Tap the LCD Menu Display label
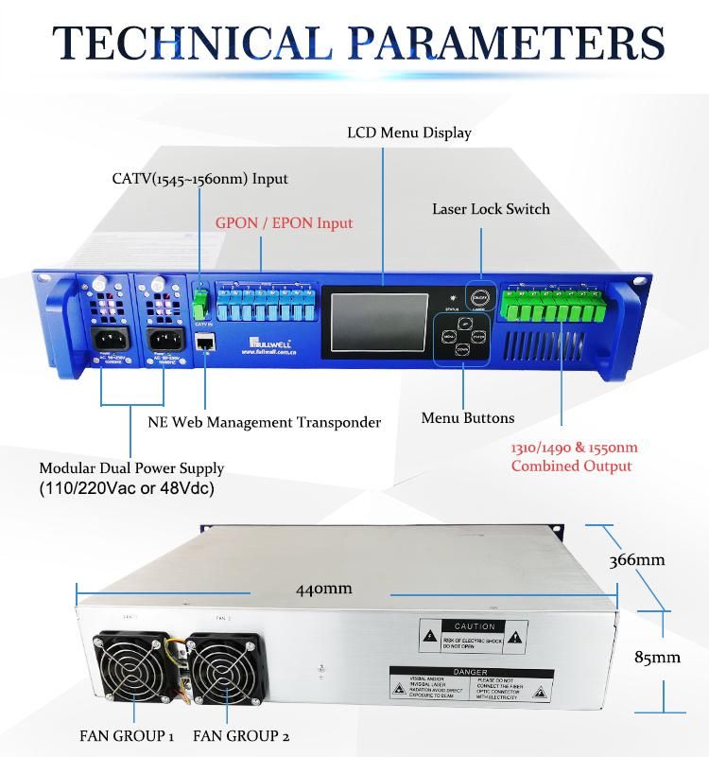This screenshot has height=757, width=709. tap(408, 132)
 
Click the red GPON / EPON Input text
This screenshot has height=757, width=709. tap(284, 223)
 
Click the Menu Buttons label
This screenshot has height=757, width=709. tap(467, 417)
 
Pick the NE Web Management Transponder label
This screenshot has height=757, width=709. tap(264, 422)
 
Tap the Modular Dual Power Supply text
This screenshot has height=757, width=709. tap(131, 468)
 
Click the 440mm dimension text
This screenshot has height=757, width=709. tap(323, 589)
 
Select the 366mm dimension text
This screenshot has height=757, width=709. tap(636, 559)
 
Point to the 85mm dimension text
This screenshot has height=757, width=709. tap(654, 657)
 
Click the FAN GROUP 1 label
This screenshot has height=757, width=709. tap(127, 735)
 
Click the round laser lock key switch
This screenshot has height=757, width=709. tap(481, 294)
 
